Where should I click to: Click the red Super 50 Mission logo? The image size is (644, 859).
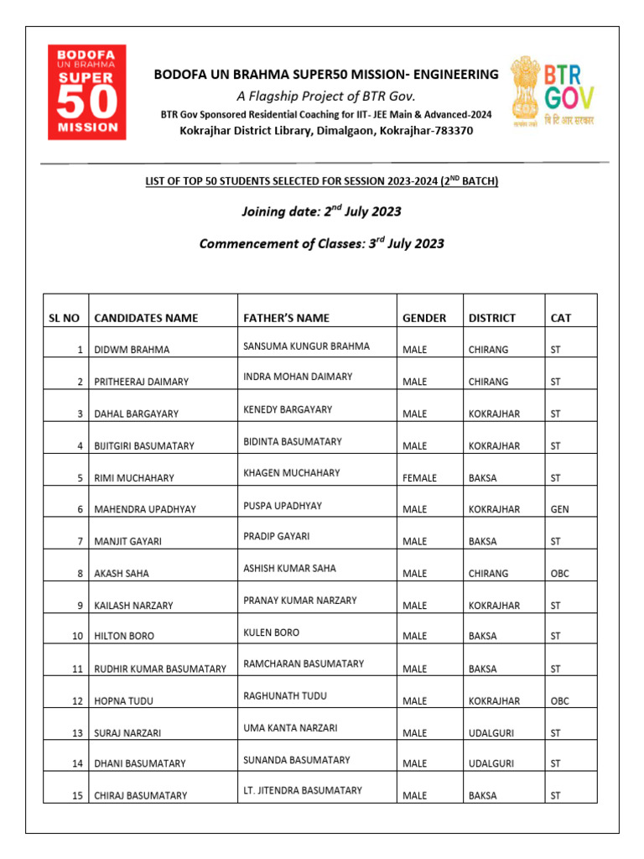pyautogui.click(x=86, y=91)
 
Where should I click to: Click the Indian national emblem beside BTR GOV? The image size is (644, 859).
pyautogui.click(x=524, y=91)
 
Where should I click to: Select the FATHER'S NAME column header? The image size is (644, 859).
pyautogui.click(x=286, y=318)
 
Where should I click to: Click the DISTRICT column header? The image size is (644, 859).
pyautogui.click(x=491, y=318)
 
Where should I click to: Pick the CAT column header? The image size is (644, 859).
pyautogui.click(x=560, y=318)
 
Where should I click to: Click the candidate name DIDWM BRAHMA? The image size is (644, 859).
pyautogui.click(x=132, y=350)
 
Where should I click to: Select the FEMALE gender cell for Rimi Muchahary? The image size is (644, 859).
pyautogui.click(x=419, y=478)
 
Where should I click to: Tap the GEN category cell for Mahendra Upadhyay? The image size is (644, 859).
pyautogui.click(x=559, y=510)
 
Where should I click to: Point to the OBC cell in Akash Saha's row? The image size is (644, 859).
pyautogui.click(x=559, y=574)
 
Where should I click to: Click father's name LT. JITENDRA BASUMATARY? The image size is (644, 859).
pyautogui.click(x=303, y=790)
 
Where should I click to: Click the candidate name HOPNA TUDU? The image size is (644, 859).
pyautogui.click(x=124, y=701)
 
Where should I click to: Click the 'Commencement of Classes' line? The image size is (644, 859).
pyautogui.click(x=321, y=244)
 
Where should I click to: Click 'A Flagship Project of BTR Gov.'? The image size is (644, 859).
pyautogui.click(x=326, y=96)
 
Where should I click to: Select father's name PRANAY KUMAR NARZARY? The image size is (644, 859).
pyautogui.click(x=299, y=601)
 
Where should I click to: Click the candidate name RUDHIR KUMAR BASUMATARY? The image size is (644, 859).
pyautogui.click(x=160, y=669)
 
